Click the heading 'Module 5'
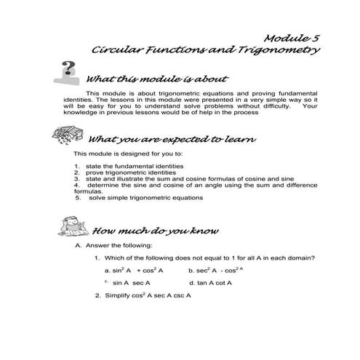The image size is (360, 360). (x=290, y=37)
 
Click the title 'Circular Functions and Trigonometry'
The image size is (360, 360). (x=206, y=51)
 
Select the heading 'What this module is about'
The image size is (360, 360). (x=157, y=79)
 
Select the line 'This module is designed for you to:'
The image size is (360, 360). (x=127, y=154)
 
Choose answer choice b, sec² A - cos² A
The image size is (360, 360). (x=214, y=270)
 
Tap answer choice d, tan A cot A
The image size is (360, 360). (x=210, y=282)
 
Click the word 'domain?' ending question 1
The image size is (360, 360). (x=301, y=257)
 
